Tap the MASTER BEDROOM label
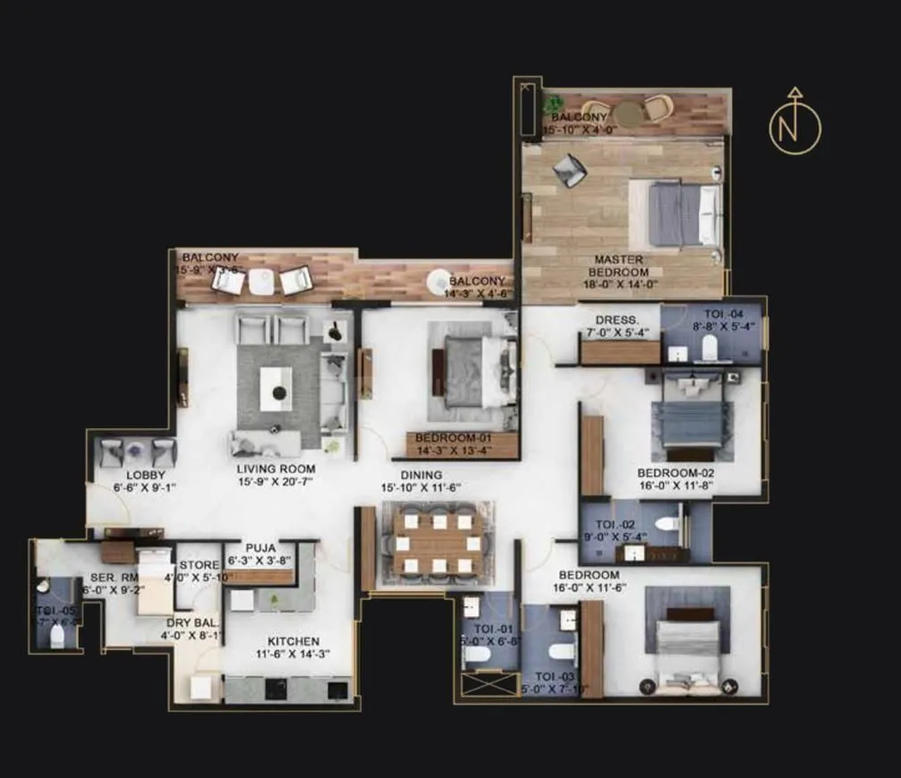pyautogui.click(x=620, y=266)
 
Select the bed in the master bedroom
pyautogui.click(x=684, y=215)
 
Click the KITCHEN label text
pyautogui.click(x=293, y=641)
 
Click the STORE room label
pyautogui.click(x=199, y=565)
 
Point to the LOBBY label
pyautogui.click(x=146, y=475)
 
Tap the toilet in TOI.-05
pyautogui.click(x=57, y=635)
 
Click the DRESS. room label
pyautogui.click(x=617, y=320)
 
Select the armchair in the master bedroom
pyautogui.click(x=569, y=169)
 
